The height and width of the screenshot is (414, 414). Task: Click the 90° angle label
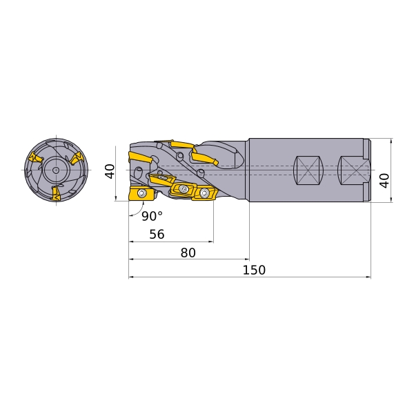[152, 216]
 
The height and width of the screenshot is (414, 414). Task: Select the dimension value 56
[157, 234]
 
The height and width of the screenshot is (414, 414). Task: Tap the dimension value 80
[188, 253]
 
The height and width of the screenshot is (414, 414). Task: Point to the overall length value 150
[254, 270]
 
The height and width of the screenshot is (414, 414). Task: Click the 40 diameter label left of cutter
[110, 171]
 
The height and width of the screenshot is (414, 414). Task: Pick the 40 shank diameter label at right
[384, 181]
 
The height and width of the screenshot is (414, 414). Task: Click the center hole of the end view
[56, 170]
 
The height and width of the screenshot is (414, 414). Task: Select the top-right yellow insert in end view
[77, 158]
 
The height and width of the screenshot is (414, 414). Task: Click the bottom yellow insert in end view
[56, 193]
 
